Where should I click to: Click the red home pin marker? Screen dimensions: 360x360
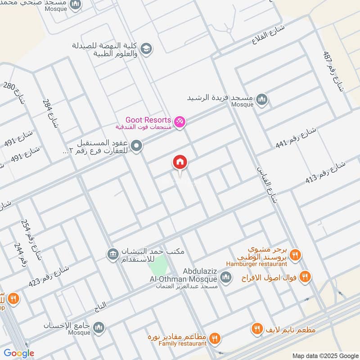(180, 162)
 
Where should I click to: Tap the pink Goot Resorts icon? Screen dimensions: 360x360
(180, 122)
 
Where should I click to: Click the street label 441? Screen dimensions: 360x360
(297, 138)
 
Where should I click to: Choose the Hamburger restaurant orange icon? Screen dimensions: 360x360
(295, 256)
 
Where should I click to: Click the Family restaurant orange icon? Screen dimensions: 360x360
(214, 337)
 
